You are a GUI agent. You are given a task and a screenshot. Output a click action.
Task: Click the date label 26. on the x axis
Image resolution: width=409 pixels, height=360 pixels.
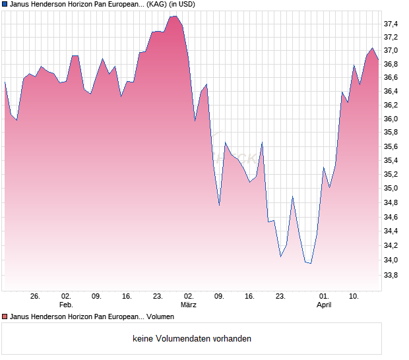point(36,296)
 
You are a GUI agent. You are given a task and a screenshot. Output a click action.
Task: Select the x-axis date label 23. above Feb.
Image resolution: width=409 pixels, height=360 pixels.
point(158,296)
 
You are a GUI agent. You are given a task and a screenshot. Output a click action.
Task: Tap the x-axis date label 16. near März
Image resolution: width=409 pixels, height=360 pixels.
point(249,296)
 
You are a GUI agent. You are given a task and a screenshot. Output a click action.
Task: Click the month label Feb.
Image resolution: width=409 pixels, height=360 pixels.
point(66,305)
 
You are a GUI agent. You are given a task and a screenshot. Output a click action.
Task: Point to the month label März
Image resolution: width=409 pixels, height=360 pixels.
point(189,305)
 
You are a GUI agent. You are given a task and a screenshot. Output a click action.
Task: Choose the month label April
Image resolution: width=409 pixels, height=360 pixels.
point(324,305)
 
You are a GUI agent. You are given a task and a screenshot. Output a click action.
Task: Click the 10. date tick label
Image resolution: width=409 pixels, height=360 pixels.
point(354,296)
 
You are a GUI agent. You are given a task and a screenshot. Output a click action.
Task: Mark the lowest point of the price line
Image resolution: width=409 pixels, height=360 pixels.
point(311,263)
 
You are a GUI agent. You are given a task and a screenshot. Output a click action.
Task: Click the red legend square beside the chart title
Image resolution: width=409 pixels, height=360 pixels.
point(5,4)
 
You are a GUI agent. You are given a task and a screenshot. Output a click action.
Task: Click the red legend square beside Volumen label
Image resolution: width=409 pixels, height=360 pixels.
point(5,317)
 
